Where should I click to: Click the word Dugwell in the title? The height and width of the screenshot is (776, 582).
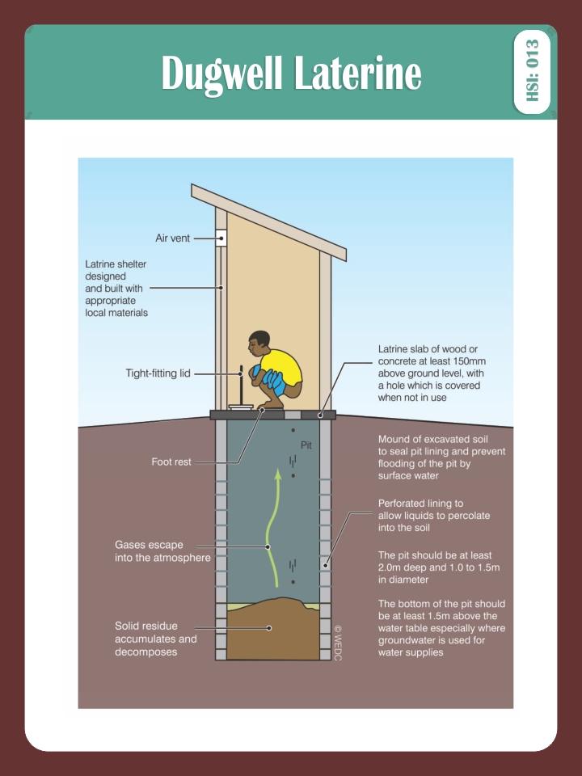pyautogui.click(x=221, y=74)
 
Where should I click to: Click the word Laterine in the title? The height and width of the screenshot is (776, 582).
pyautogui.click(x=358, y=74)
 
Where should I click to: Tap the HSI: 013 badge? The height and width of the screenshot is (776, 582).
pyautogui.click(x=532, y=71)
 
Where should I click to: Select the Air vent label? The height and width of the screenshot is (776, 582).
pyautogui.click(x=173, y=238)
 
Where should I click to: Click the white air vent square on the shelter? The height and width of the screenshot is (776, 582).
pyautogui.click(x=221, y=238)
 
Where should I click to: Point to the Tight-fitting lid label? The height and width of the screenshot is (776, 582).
pyautogui.click(x=158, y=373)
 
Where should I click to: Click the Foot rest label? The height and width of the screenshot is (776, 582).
pyautogui.click(x=171, y=462)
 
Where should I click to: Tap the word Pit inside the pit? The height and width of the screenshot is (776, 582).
pyautogui.click(x=306, y=445)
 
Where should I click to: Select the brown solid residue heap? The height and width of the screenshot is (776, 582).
pyautogui.click(x=273, y=629)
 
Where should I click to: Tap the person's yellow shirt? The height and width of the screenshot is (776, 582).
pyautogui.click(x=281, y=367)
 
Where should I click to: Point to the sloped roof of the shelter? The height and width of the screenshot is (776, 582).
pyautogui.click(x=268, y=222)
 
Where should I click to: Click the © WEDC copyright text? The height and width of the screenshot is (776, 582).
pyautogui.click(x=338, y=643)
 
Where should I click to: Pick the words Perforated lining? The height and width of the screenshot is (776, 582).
pyautogui.click(x=420, y=504)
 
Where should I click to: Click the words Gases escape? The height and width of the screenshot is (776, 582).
pyautogui.click(x=149, y=545)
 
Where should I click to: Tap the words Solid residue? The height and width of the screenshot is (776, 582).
pyautogui.click(x=146, y=626)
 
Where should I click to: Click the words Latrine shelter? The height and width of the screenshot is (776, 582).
pyautogui.click(x=116, y=264)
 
